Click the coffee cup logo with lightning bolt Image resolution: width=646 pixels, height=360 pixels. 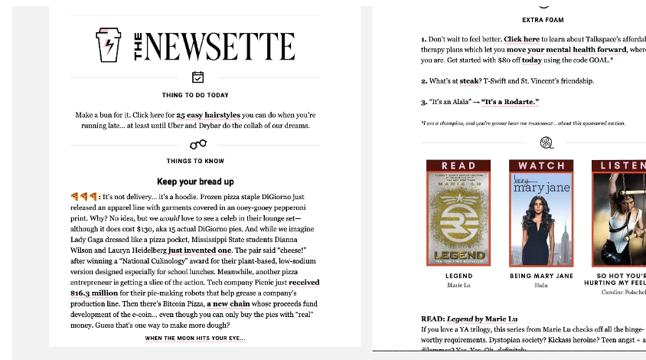109,46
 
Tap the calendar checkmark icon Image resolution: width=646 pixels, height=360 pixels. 197,77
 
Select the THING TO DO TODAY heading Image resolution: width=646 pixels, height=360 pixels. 195,95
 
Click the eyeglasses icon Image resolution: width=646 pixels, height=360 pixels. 197,144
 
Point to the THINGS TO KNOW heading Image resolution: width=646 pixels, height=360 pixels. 195,161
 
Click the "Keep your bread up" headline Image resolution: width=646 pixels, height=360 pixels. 195,182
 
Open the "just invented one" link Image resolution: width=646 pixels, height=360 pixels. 200,250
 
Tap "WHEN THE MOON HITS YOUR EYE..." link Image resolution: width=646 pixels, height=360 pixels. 195,338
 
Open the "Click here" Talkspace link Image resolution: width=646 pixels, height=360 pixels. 521,39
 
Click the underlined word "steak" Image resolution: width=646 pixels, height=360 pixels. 469,80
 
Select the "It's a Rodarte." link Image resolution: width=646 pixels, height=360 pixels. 510,102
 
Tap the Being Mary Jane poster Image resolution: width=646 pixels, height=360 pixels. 541,218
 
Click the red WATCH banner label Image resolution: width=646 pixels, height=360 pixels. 541,165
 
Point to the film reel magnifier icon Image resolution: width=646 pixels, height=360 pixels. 546,142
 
